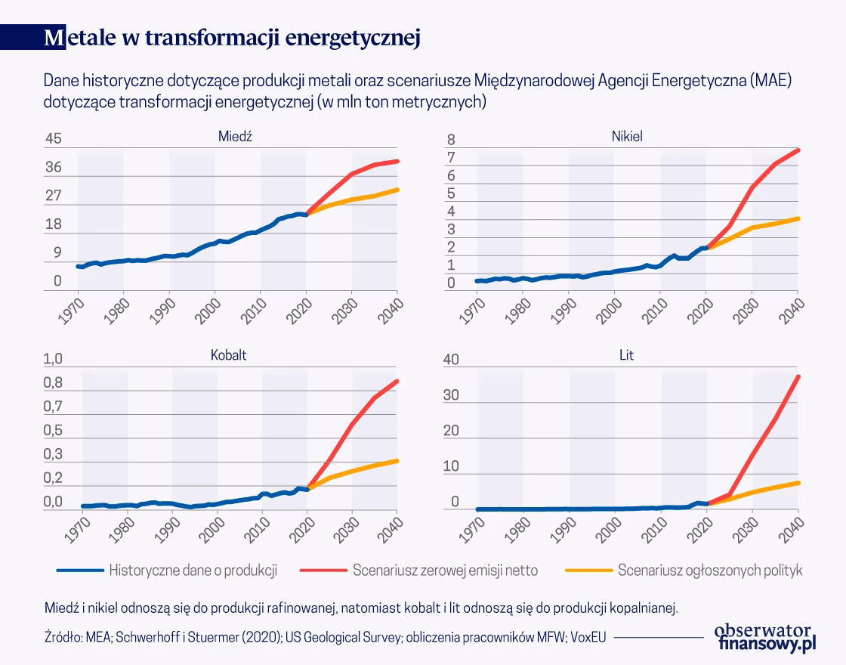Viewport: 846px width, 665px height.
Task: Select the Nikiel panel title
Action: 626,136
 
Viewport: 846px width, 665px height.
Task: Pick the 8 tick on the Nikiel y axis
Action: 451,140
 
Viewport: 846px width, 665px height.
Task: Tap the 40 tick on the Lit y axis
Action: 450,360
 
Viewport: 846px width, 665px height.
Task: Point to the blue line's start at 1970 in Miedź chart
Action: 79,266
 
